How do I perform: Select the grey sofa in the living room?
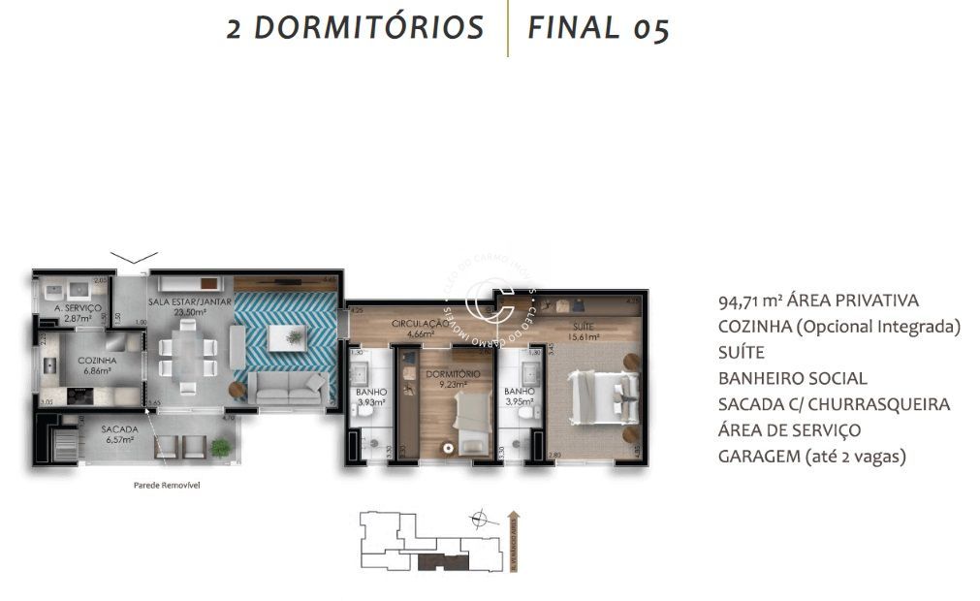pos(286,390)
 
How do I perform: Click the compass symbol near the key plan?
pos(478,521)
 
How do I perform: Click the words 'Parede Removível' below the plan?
pos(168,486)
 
